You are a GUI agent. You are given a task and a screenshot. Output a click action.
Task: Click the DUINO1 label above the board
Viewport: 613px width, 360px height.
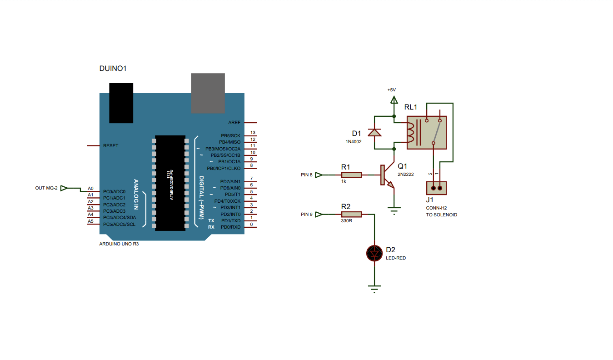[113, 69]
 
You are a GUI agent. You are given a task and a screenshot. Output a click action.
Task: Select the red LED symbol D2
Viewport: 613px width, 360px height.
[374, 253]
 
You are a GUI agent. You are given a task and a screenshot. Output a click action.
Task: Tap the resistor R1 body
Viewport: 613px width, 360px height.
[352, 175]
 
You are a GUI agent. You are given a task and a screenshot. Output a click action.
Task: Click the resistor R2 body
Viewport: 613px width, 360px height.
[352, 214]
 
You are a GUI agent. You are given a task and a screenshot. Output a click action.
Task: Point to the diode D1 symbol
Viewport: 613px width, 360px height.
[374, 132]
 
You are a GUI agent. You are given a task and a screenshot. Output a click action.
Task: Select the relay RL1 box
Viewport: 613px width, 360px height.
[426, 132]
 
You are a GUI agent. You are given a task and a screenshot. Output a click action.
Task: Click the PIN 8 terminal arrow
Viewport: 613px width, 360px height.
[319, 175]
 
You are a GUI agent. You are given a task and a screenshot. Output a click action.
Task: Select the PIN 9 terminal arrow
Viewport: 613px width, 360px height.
[319, 214]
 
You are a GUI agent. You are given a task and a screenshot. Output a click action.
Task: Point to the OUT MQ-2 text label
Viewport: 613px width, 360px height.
[46, 188]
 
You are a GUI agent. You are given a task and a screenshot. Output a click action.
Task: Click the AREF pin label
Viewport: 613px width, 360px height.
[234, 123]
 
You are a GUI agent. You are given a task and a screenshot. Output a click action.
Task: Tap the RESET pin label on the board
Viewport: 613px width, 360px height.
[110, 146]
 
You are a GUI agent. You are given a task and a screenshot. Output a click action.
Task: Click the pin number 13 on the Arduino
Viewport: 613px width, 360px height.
[253, 133]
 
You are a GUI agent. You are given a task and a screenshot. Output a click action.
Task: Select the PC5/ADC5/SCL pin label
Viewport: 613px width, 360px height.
[119, 224]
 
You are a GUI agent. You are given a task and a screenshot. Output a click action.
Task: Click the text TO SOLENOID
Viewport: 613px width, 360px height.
[441, 215]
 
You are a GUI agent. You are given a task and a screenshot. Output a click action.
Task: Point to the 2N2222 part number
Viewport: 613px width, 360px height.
[405, 174]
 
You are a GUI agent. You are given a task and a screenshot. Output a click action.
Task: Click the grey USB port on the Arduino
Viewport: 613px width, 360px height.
[208, 93]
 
